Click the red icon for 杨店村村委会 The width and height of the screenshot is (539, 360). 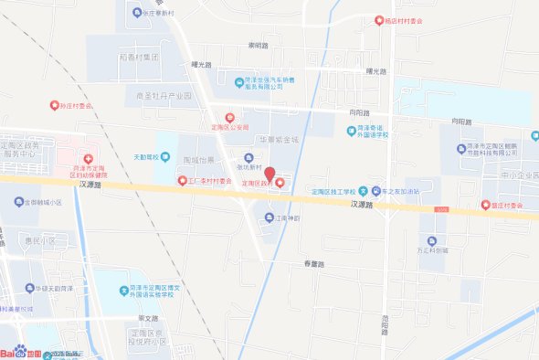[x=379, y=21]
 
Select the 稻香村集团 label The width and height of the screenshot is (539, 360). [x=140, y=57]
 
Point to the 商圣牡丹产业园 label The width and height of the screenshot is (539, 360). [x=164, y=95]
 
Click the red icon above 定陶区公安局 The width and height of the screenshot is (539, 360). [x=230, y=117]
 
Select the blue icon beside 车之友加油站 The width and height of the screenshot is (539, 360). [x=363, y=191]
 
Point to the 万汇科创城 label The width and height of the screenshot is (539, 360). [x=432, y=249]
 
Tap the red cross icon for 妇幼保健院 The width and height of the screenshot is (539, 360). [x=89, y=161]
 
